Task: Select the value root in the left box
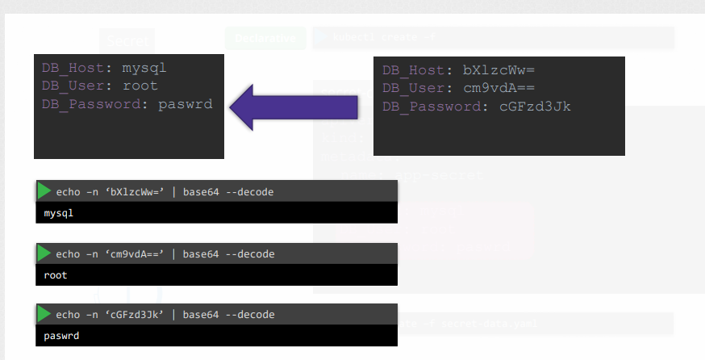pyautogui.click(x=140, y=86)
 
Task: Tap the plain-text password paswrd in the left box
pyautogui.click(x=186, y=103)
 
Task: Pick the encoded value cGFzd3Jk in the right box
pyautogui.click(x=536, y=106)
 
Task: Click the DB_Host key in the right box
pyautogui.click(x=413, y=71)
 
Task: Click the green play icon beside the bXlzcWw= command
pyautogui.click(x=44, y=191)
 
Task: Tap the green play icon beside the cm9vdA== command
pyautogui.click(x=44, y=253)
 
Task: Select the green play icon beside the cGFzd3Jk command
pyautogui.click(x=44, y=314)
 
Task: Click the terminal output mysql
pyautogui.click(x=58, y=214)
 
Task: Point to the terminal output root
pyautogui.click(x=56, y=275)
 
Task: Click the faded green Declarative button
pyautogui.click(x=265, y=37)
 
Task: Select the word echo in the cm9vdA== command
pyautogui.click(x=69, y=254)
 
